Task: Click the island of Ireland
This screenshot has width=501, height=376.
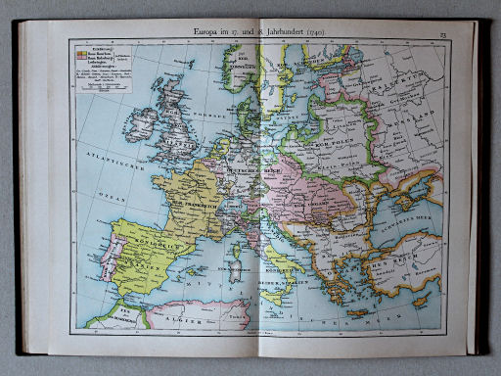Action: (141, 123)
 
